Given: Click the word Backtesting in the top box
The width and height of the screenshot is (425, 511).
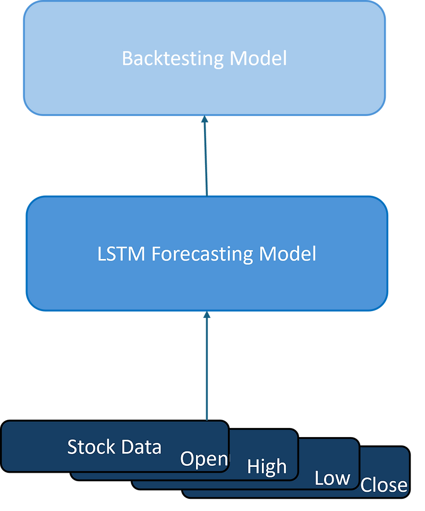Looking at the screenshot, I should click(x=173, y=58).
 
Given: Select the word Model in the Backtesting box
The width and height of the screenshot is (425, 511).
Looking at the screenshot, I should click(x=258, y=58).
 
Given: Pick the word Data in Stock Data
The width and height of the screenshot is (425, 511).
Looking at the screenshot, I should click(x=140, y=447).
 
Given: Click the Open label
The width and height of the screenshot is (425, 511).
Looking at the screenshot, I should click(x=204, y=459).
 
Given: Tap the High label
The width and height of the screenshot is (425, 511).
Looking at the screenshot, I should click(x=267, y=467).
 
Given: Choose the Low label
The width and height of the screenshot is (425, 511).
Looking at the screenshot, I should click(x=332, y=478).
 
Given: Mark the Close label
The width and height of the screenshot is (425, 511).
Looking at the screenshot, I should click(x=384, y=485).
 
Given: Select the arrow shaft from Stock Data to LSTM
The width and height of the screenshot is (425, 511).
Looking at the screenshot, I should click(x=207, y=367).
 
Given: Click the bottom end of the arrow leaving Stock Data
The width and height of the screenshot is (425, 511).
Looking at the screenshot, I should click(x=207, y=417).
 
